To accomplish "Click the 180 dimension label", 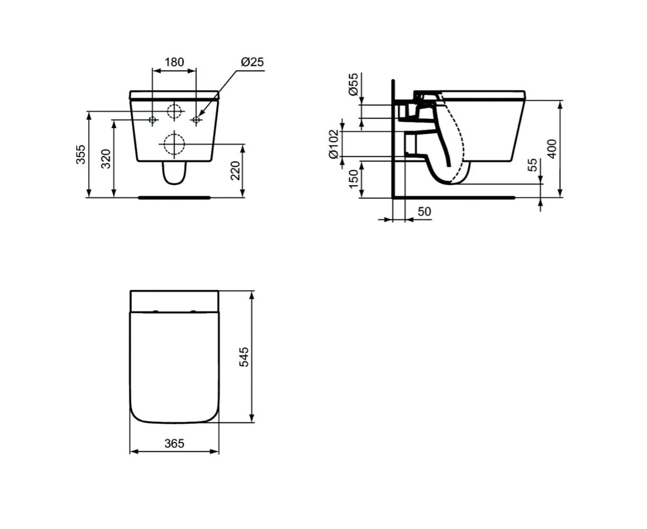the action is tap(174, 62).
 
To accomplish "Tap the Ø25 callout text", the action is tap(252, 62).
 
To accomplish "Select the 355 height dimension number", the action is tap(81, 154).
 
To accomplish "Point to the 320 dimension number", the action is tap(106, 159).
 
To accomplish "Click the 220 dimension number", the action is tap(235, 171).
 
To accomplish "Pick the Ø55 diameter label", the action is tap(353, 85).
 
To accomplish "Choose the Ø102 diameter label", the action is tap(333, 144).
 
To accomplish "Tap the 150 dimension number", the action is tap(353, 179).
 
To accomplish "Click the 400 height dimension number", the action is tap(552, 149).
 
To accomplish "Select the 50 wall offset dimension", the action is tap(424, 212).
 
